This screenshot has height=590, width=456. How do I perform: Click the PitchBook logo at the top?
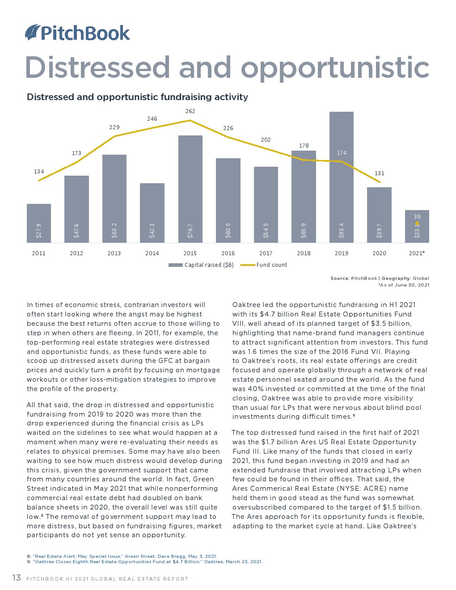pos(78,33)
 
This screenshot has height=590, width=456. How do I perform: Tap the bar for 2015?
pos(190,190)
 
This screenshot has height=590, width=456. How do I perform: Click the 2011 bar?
pos(39,223)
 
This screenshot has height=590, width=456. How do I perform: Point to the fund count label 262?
pos(190,111)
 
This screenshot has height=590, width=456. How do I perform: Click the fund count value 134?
pos(39,172)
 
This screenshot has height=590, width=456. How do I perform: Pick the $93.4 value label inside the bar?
pos(342,230)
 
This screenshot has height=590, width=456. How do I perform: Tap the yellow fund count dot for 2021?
pos(417,223)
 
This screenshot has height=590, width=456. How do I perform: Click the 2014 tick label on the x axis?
pos(152,253)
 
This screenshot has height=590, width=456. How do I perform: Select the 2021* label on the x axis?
pos(417,253)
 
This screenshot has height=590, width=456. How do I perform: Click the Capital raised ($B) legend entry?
pos(201,265)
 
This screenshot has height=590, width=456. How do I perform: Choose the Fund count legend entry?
pos(265,265)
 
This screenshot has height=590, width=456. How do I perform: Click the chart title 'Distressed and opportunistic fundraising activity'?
pos(137,97)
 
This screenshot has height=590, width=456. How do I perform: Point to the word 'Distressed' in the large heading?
pos(97,67)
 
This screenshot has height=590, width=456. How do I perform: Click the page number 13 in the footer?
pos(17,578)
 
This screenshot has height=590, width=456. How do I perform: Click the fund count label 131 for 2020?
pos(379,173)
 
